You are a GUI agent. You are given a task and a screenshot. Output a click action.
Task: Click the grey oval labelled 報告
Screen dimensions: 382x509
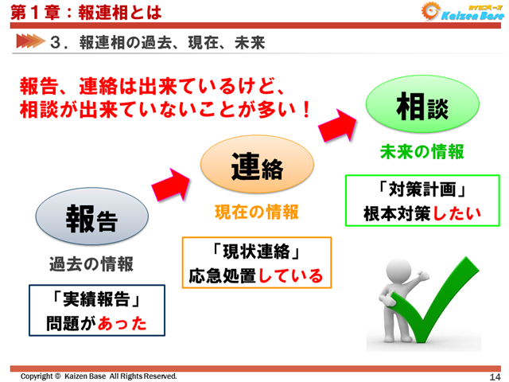91,218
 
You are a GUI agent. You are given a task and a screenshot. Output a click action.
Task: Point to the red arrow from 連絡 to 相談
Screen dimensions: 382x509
337,123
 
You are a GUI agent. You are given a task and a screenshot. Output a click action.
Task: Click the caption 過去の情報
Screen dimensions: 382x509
91,264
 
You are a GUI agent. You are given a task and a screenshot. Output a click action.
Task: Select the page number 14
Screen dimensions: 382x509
495,376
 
